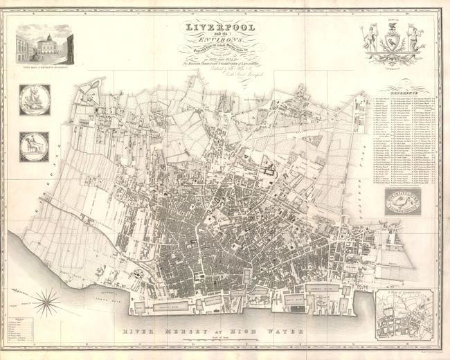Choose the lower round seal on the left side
coord(33,146)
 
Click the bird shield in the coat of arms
coord(397,41)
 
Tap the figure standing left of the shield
coord(381,38)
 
